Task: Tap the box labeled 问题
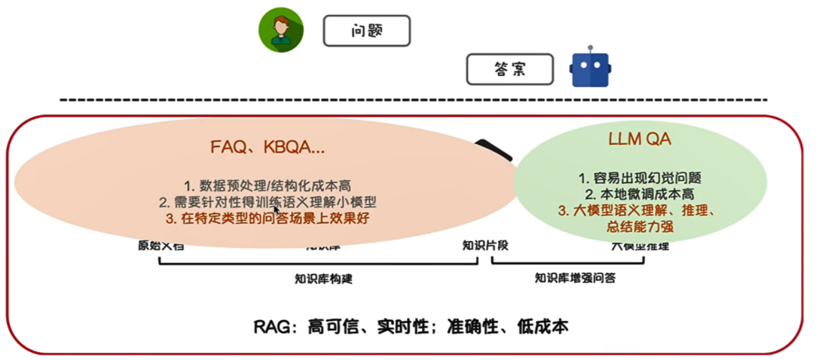tap(366, 31)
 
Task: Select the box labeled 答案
tap(510, 69)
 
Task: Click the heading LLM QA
tap(640, 142)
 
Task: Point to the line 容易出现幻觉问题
tap(640, 178)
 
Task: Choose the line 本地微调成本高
tap(640, 193)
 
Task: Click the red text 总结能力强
tap(640, 227)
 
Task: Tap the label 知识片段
tap(485, 245)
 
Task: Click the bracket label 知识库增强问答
tap(575, 277)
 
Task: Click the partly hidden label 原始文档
tap(161, 246)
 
